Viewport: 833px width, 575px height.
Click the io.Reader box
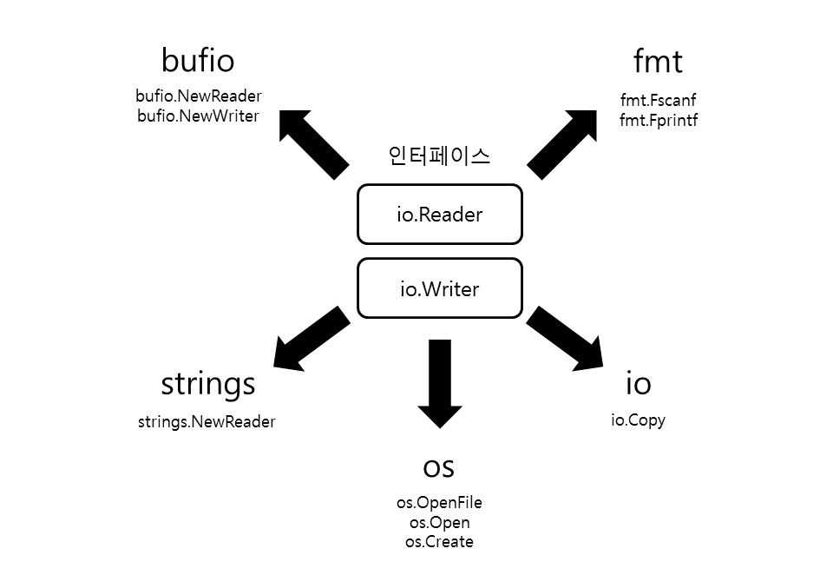(439, 215)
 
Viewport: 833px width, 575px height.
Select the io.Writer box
(439, 288)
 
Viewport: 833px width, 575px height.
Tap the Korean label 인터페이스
(439, 156)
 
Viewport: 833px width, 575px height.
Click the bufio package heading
(198, 62)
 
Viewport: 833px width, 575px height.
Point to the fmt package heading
(658, 62)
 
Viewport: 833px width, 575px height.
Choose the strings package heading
(208, 383)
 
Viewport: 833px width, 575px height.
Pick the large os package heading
(439, 466)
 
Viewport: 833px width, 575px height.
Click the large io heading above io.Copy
(638, 383)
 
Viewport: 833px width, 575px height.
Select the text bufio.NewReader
(199, 96)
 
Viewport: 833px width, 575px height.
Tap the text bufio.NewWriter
(199, 116)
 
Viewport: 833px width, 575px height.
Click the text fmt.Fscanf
(658, 101)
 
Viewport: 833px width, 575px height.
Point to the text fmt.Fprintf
(658, 121)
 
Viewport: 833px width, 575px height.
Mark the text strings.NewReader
(207, 422)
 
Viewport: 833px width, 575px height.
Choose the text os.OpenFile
(439, 503)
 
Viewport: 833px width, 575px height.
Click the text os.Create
(439, 542)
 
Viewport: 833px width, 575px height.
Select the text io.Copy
(638, 420)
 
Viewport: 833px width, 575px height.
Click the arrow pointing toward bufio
(314, 144)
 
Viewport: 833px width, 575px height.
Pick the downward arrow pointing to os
(440, 382)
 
